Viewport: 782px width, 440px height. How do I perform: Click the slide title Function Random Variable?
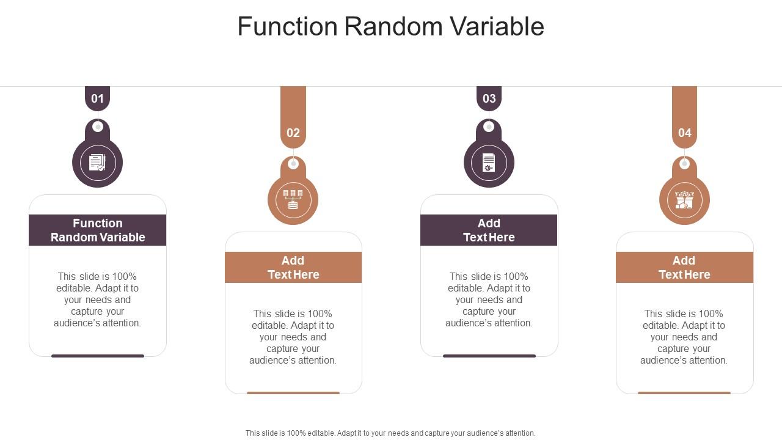click(x=390, y=26)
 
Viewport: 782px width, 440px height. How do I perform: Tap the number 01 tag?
click(x=97, y=98)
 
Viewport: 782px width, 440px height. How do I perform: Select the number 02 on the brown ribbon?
click(x=293, y=133)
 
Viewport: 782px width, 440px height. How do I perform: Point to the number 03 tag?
click(x=489, y=98)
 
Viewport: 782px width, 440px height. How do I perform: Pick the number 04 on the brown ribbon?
click(x=684, y=133)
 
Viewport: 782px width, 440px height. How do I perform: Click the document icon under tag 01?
click(x=97, y=163)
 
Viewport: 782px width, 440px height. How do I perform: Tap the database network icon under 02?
click(x=293, y=200)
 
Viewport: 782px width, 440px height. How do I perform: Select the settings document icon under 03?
click(x=489, y=163)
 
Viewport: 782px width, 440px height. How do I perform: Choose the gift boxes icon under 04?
click(x=684, y=200)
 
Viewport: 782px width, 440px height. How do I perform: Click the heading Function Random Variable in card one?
click(x=98, y=230)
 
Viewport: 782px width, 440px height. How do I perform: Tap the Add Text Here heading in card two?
click(x=293, y=268)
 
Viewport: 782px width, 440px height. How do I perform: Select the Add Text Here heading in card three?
click(x=489, y=230)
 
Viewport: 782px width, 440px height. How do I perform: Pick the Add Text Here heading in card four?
click(x=684, y=268)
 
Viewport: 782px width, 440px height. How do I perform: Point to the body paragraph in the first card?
click(x=98, y=299)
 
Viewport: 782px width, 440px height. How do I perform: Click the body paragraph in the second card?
click(x=293, y=337)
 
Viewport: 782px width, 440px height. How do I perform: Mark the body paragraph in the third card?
click(x=489, y=299)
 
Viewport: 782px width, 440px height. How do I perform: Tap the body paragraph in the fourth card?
click(x=684, y=337)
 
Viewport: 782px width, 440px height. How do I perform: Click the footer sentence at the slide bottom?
click(x=390, y=433)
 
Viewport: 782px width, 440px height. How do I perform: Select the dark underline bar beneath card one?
click(x=98, y=356)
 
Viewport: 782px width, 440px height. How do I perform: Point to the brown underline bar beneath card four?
click(x=684, y=393)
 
